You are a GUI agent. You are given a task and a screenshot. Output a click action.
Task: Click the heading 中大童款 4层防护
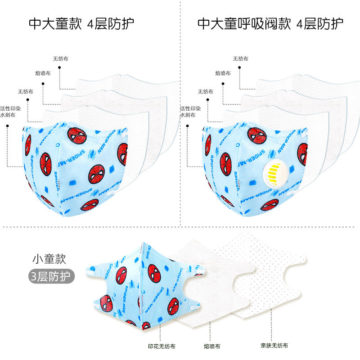[81, 23]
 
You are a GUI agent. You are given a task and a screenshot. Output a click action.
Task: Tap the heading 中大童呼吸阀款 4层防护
[270, 23]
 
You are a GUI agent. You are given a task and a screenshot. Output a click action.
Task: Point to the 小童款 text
[49, 260]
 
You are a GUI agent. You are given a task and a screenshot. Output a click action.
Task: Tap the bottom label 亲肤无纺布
[274, 346]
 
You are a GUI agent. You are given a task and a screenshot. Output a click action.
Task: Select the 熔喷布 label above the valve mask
[223, 72]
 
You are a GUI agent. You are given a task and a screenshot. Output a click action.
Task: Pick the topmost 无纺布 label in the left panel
[60, 58]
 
